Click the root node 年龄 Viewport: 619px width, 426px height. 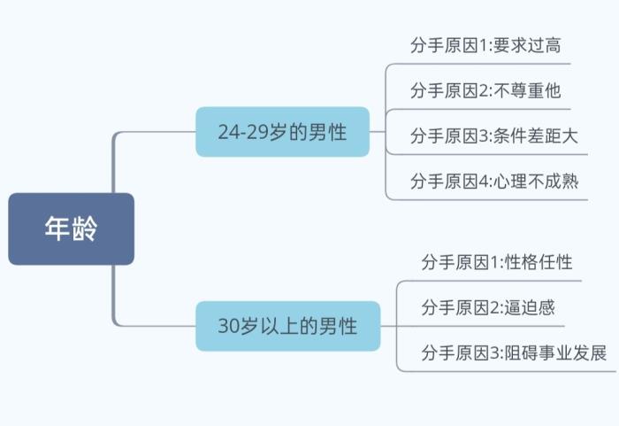point(71,228)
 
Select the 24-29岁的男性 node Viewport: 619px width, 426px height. point(282,132)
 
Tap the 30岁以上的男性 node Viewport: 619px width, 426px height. point(287,325)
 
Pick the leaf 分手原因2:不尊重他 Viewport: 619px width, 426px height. point(485,90)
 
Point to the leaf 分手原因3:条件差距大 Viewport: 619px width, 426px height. point(493,136)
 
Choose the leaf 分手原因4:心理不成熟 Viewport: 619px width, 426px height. point(493,181)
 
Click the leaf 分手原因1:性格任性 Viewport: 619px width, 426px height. point(497,262)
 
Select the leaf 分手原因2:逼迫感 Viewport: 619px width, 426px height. point(488,307)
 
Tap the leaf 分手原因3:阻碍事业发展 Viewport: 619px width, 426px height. point(514,352)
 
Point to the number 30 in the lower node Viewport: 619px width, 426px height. point(228,325)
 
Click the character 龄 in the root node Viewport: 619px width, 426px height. point(85,228)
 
